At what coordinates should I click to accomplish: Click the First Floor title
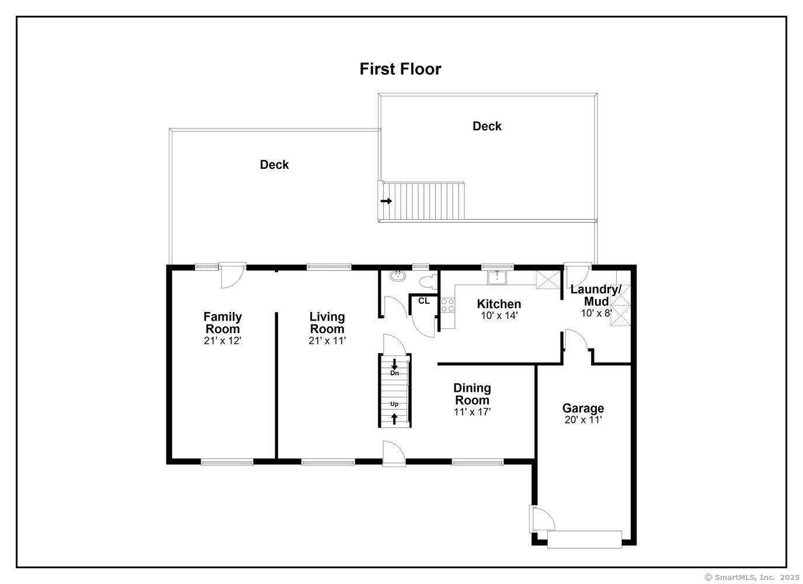click(400, 69)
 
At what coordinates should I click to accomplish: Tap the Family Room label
click(223, 322)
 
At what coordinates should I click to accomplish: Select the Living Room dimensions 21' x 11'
click(327, 340)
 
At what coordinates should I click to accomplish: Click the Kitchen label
click(499, 304)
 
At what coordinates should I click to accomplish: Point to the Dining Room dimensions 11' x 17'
click(472, 412)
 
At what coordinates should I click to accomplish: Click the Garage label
click(583, 408)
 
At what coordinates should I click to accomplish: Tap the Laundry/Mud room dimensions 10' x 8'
click(596, 314)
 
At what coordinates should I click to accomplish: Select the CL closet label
click(424, 301)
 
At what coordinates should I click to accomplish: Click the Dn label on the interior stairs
click(394, 373)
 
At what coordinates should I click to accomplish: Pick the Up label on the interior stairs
click(394, 404)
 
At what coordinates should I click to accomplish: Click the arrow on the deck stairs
click(387, 201)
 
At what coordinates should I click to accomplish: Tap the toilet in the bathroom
click(428, 282)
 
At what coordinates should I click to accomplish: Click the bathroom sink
click(398, 276)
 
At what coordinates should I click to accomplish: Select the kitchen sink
click(496, 278)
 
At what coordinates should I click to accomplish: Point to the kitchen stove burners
click(447, 305)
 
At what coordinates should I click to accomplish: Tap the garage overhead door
click(585, 539)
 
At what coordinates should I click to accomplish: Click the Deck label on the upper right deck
click(487, 126)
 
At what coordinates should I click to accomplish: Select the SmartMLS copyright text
click(752, 577)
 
